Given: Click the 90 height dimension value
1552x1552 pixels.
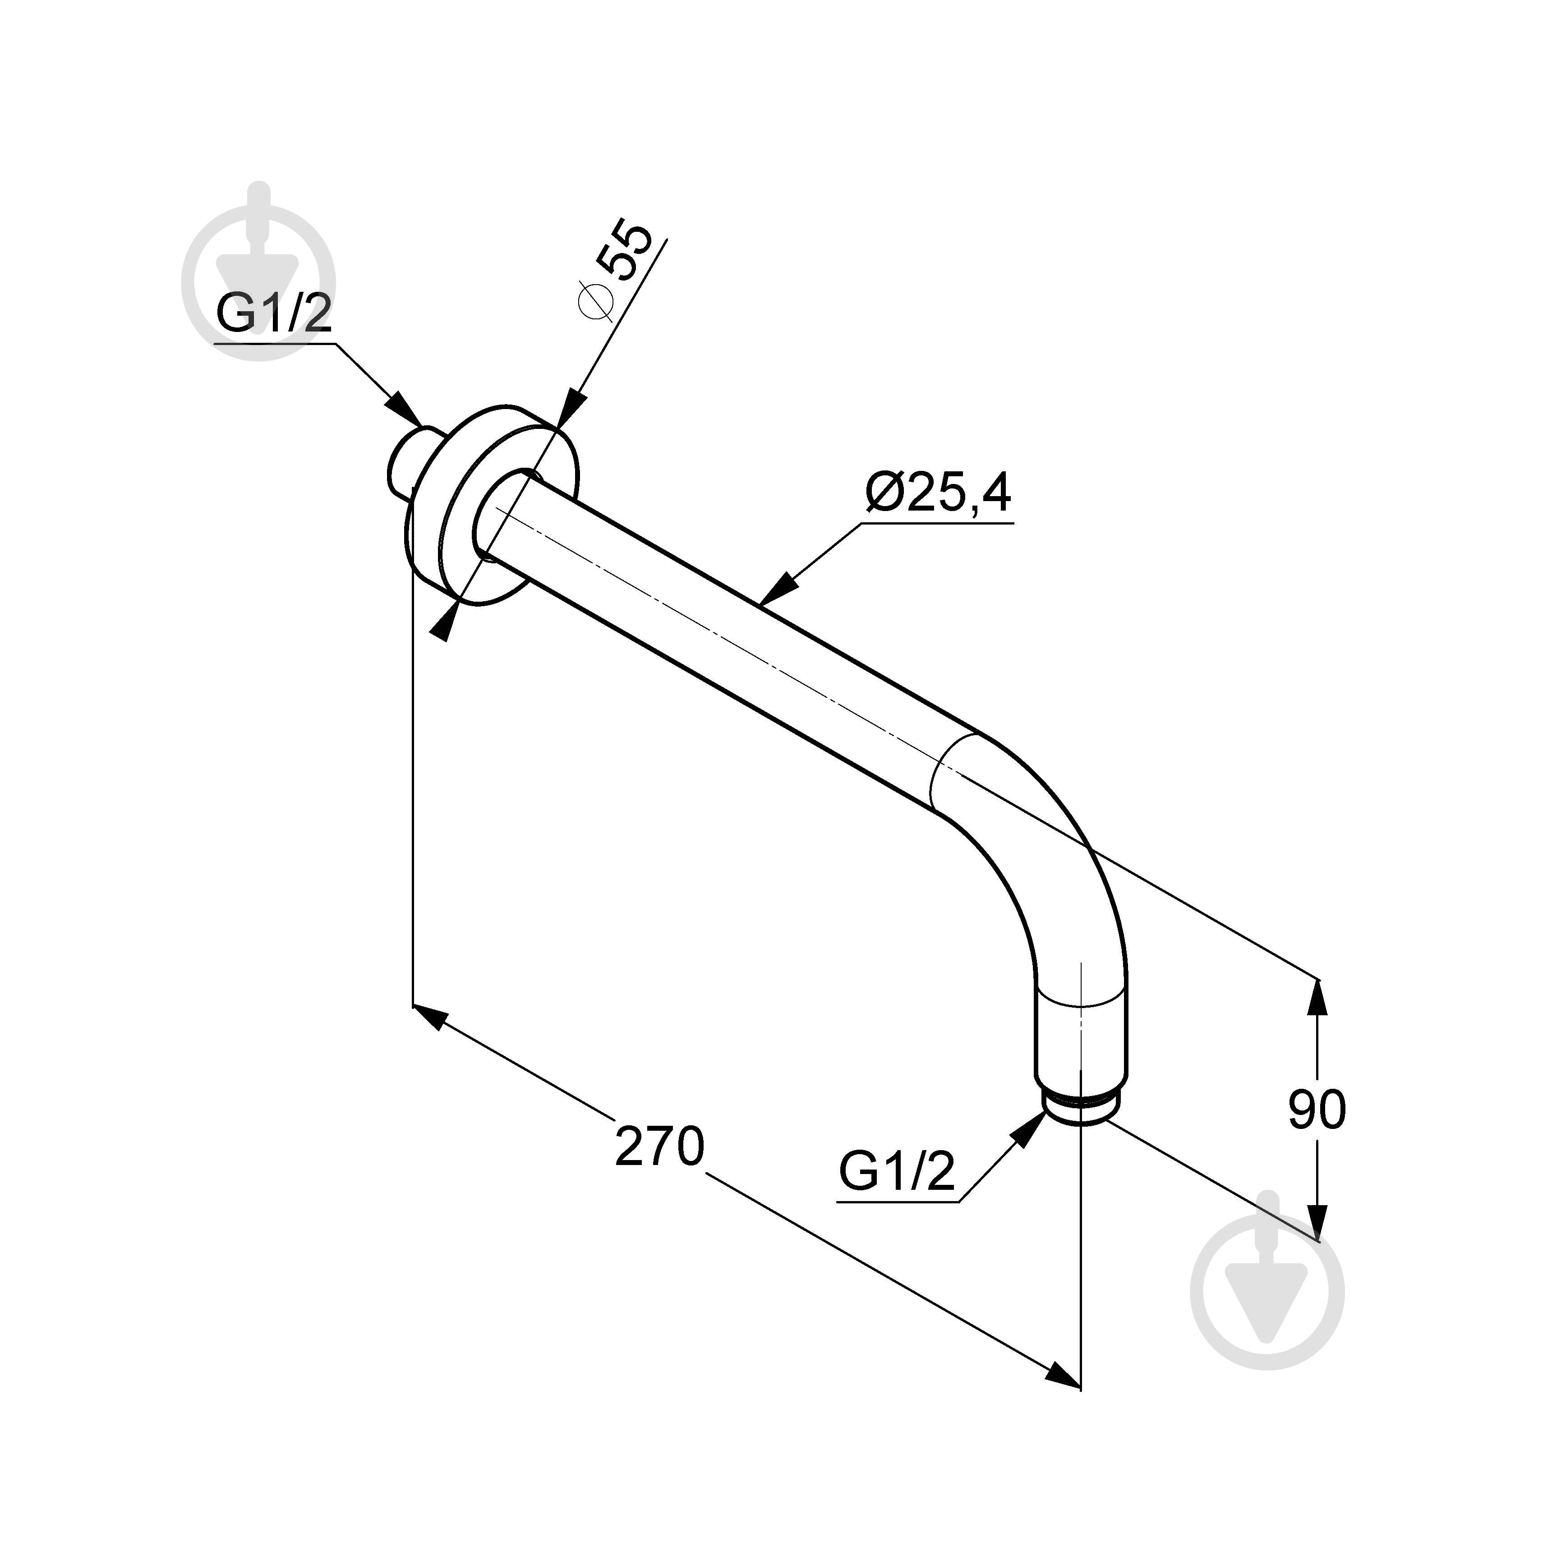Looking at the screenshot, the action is point(1317,1111).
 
